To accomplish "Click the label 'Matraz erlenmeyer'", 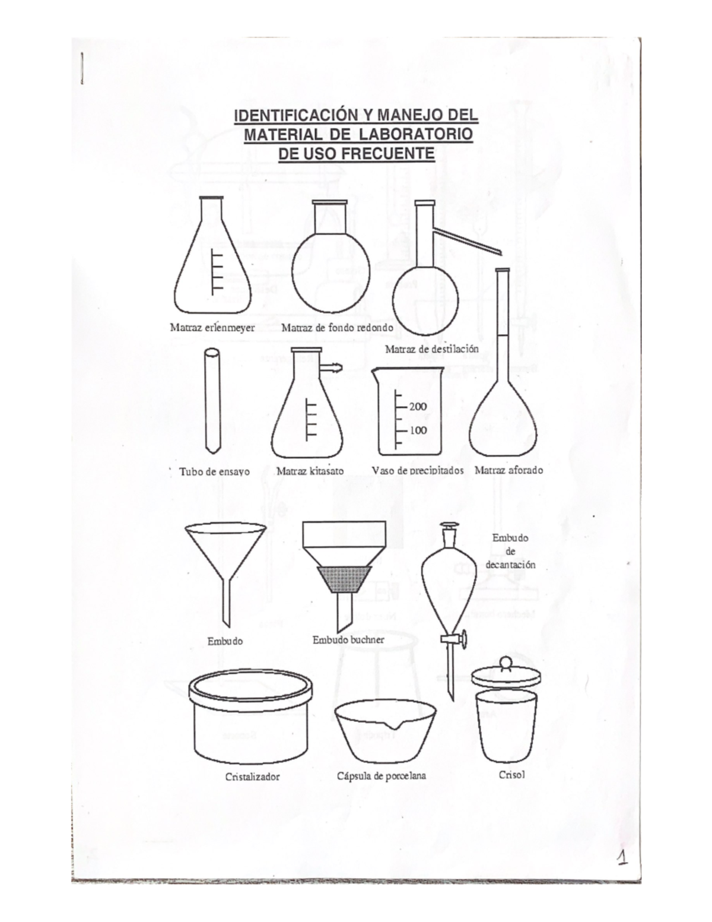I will tap(212, 327).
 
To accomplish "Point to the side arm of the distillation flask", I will tap(469, 241).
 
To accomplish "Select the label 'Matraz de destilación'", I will tap(431, 349).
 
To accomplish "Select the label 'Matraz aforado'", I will tap(508, 470).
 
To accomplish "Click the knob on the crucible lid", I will tap(505, 661).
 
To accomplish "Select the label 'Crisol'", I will tap(512, 775).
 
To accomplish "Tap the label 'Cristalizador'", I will tap(252, 777).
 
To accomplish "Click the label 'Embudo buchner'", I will tap(348, 640).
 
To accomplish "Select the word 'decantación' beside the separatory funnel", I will tap(510, 565).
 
